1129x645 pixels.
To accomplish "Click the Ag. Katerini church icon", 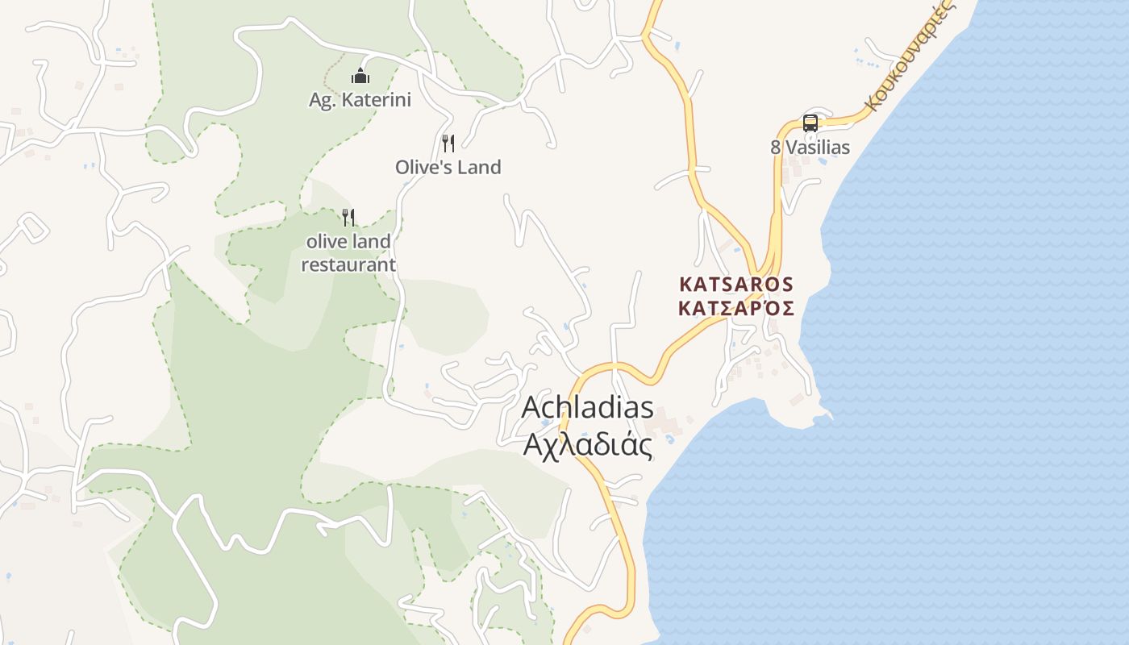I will point(360,77).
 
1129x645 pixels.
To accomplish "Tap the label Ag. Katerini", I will point(360,100).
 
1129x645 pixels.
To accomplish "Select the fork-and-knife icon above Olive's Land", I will point(448,144).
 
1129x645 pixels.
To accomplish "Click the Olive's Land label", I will point(448,167).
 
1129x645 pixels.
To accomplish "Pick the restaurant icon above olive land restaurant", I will point(348,217).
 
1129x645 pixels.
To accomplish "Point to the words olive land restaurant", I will point(348,252).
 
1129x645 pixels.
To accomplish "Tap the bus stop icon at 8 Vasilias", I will point(810,123).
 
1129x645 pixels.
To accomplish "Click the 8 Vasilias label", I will point(810,148).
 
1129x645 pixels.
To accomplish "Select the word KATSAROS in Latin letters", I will point(736,285).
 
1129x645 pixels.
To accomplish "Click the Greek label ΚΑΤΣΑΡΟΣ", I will point(736,308).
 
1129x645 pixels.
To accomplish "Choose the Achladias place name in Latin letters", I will point(587,407).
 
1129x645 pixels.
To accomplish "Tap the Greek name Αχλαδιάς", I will point(587,444).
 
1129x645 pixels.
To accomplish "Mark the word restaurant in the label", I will point(348,264).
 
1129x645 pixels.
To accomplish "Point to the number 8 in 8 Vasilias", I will point(776,148).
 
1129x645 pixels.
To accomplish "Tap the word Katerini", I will point(376,100).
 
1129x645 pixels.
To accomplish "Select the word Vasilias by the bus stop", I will point(818,148).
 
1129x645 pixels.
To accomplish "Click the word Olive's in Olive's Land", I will point(423,167).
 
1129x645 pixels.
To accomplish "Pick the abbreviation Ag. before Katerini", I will point(322,101).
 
